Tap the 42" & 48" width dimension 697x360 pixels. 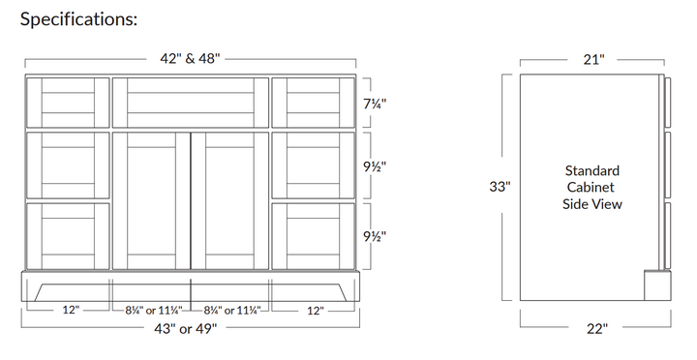[x=191, y=58]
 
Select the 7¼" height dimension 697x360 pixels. [x=376, y=103]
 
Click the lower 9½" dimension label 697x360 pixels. [x=376, y=235]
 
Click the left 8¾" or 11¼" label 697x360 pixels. [x=150, y=311]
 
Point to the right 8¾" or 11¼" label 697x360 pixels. [x=230, y=311]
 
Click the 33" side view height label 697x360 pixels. [x=500, y=187]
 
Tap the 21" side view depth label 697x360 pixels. [x=594, y=59]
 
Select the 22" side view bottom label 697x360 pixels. [x=596, y=329]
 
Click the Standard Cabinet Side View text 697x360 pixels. [x=591, y=187]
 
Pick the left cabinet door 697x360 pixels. [x=151, y=200]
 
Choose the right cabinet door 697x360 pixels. [x=229, y=200]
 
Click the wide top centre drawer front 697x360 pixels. [x=190, y=102]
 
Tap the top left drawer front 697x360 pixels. [x=68, y=102]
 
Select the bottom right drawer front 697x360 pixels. [x=313, y=235]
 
